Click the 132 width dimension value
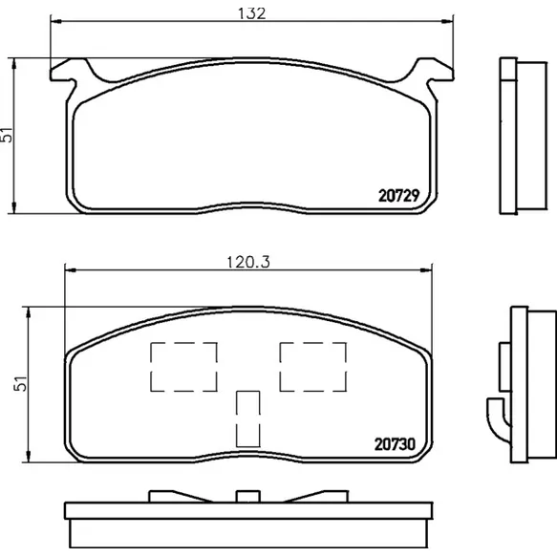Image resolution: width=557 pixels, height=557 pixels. (251, 13)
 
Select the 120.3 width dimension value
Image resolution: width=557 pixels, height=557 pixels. (248, 262)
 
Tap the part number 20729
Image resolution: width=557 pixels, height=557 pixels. (399, 195)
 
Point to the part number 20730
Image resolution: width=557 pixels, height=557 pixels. (395, 444)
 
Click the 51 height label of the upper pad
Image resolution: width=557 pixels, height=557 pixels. (7, 135)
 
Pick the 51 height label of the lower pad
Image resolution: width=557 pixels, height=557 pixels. (21, 384)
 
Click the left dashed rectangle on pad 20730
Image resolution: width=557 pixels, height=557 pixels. (183, 367)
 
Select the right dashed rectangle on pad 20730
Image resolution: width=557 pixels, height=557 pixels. (313, 367)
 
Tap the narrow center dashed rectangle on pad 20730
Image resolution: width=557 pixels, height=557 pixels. (248, 418)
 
